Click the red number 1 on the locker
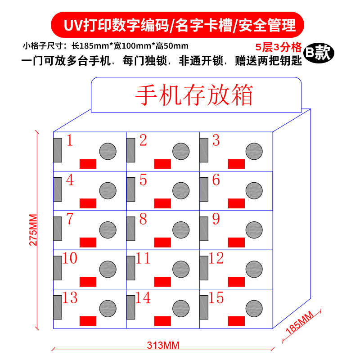70,141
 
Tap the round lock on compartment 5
181,190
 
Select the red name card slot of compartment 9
236,242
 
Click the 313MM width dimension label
163,346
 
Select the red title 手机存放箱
194,95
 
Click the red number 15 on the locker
216,298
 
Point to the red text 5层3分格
278,47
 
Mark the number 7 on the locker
69,219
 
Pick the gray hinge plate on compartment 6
204,189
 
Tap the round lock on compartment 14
181,308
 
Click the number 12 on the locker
216,258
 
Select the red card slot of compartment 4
88,202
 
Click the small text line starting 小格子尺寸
105,45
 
